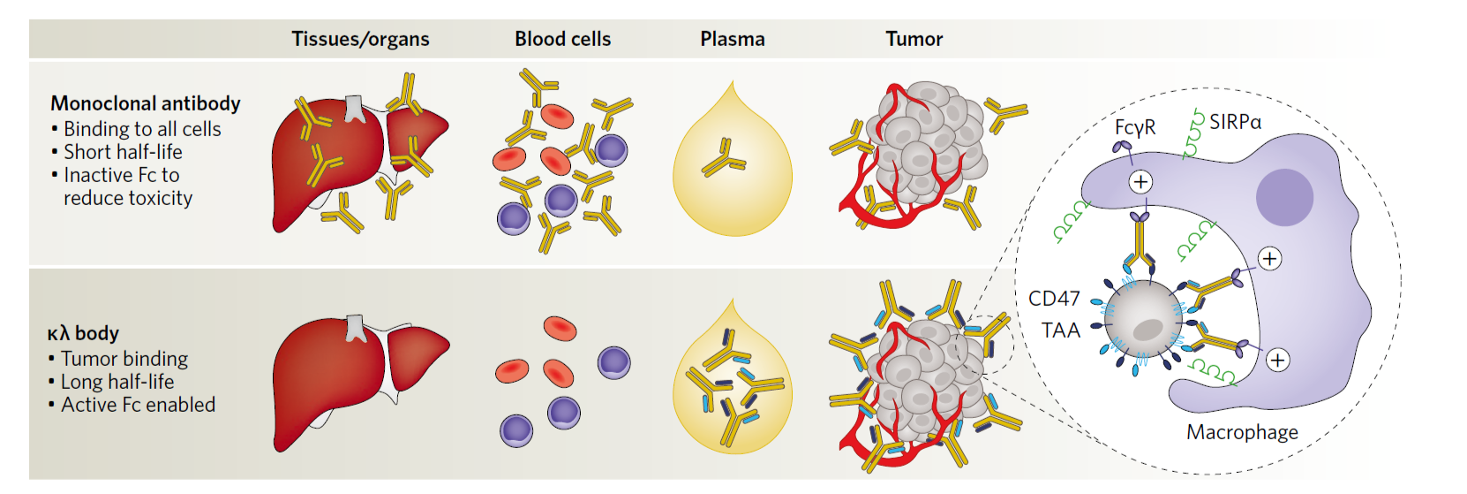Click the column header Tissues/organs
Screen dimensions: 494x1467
[360, 39]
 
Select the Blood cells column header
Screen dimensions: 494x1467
[562, 39]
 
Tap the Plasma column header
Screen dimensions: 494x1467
[732, 39]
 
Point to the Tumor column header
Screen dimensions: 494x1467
[914, 39]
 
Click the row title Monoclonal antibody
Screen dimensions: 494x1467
[146, 103]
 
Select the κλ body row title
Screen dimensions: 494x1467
[83, 333]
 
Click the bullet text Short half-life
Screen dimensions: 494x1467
[123, 152]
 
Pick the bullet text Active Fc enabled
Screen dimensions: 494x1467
[138, 405]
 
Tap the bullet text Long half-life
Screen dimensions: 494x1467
[117, 382]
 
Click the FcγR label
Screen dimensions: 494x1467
[1135, 127]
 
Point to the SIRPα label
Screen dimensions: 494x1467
[1235, 122]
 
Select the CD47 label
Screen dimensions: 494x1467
[1054, 299]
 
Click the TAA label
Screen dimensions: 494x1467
[1060, 331]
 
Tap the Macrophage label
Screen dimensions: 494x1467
[1242, 432]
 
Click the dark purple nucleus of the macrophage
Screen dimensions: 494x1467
[1284, 197]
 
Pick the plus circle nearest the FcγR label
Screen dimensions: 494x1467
[1140, 182]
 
